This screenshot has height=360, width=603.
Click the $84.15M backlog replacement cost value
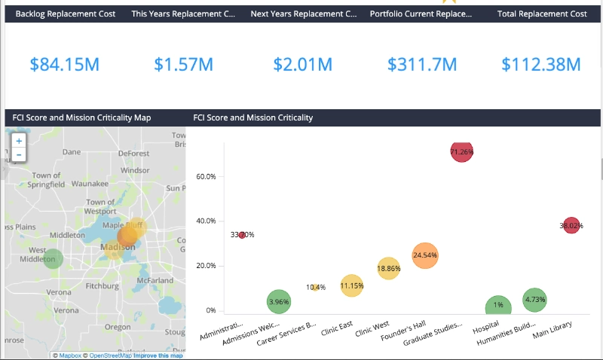(x=65, y=65)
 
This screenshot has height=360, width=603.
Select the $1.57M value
(x=184, y=65)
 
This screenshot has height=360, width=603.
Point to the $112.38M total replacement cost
(x=542, y=65)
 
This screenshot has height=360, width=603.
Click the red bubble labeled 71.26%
(x=461, y=151)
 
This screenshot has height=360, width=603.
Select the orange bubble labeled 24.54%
(x=425, y=255)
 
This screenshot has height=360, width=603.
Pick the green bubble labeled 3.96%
(x=278, y=302)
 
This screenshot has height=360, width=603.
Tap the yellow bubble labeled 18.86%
(x=388, y=269)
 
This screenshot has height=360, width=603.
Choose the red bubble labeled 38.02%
(x=571, y=224)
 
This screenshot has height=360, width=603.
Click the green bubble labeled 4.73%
(x=534, y=300)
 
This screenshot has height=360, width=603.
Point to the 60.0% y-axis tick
(x=206, y=176)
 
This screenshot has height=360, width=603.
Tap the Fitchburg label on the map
(x=102, y=286)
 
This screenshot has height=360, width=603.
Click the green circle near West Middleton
(x=51, y=259)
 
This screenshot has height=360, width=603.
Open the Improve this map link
(x=158, y=355)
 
